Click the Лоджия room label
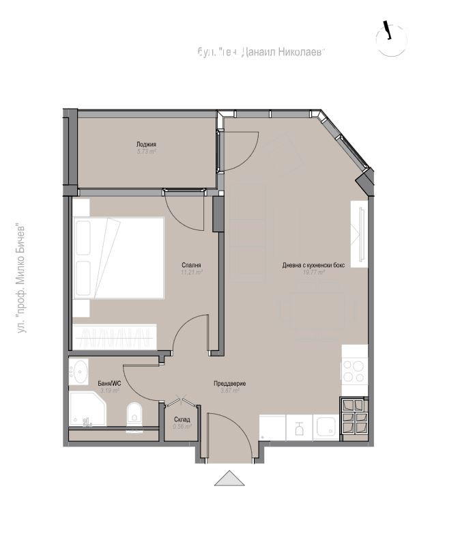[x=146, y=144]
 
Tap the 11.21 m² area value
[x=192, y=272]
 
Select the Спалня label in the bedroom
[x=191, y=265]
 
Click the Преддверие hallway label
[x=229, y=384]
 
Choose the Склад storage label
[x=182, y=419]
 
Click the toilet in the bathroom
[x=134, y=414]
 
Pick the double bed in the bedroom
[x=119, y=258]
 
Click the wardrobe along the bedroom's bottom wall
[x=116, y=337]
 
